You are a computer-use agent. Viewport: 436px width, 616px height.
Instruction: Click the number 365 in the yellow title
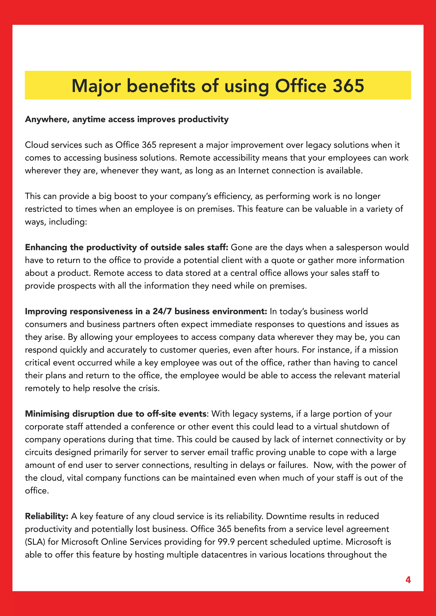click(348, 86)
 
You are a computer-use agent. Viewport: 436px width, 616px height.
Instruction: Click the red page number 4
click(408, 580)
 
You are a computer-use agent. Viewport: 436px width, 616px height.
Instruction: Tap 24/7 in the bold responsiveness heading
click(162, 311)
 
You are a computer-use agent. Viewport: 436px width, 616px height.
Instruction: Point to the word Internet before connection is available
click(254, 171)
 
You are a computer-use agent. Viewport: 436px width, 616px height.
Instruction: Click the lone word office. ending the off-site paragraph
click(37, 491)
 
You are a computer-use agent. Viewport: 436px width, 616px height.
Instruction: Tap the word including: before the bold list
click(68, 222)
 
